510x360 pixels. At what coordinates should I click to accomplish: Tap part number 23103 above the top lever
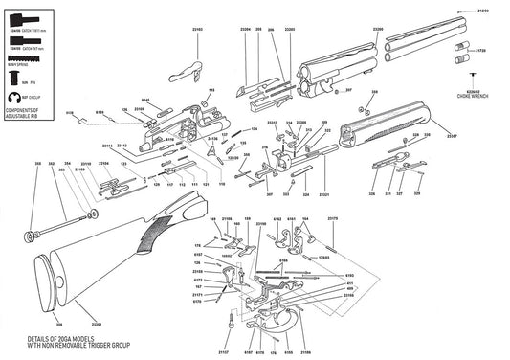[197, 29]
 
